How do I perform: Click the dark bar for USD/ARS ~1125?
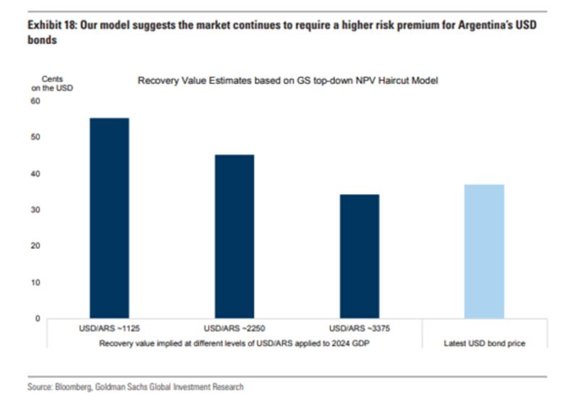coord(109,218)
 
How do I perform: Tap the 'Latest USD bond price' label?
coord(484,344)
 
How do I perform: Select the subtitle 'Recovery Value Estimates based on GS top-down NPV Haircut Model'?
coord(287,80)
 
